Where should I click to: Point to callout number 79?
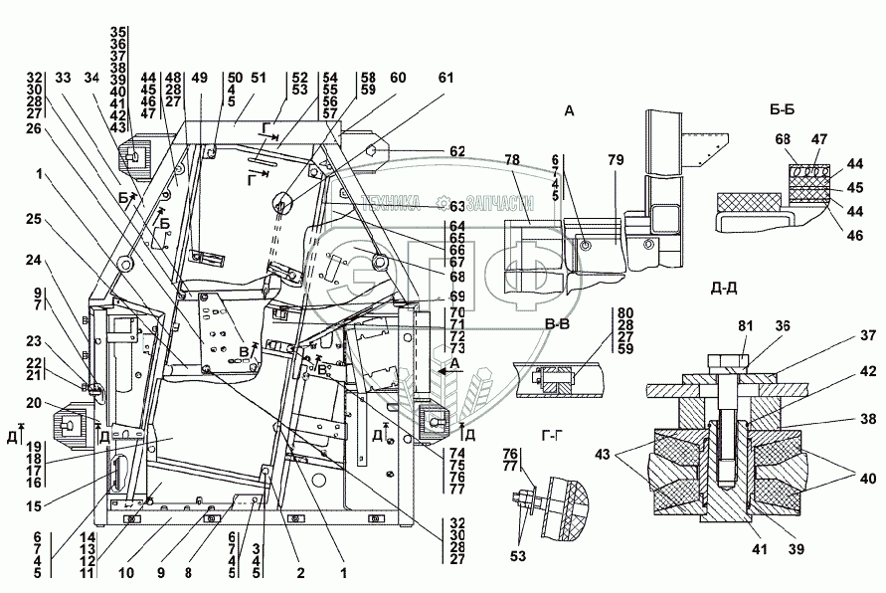click(x=618, y=159)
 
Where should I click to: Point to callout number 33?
click(x=65, y=78)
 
